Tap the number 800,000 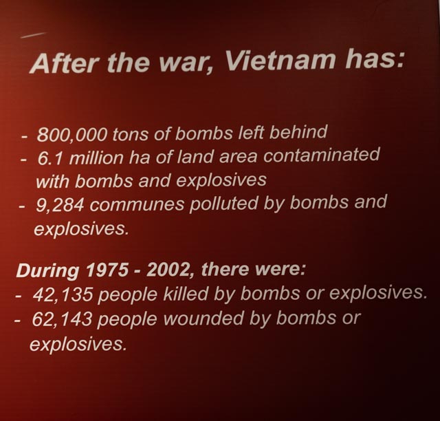(71, 135)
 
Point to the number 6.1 (50, 158)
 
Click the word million (96, 158)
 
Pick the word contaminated (321, 155)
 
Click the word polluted (223, 204)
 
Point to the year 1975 (107, 270)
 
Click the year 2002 (168, 269)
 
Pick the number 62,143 (62, 319)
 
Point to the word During (47, 271)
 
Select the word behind (298, 131)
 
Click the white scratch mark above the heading (33, 35)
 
